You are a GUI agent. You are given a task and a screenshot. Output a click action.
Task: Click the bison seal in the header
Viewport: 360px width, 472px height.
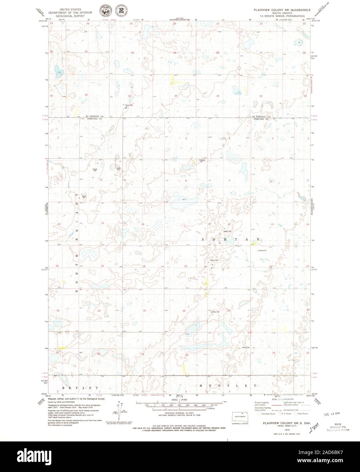[x=104, y=11]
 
